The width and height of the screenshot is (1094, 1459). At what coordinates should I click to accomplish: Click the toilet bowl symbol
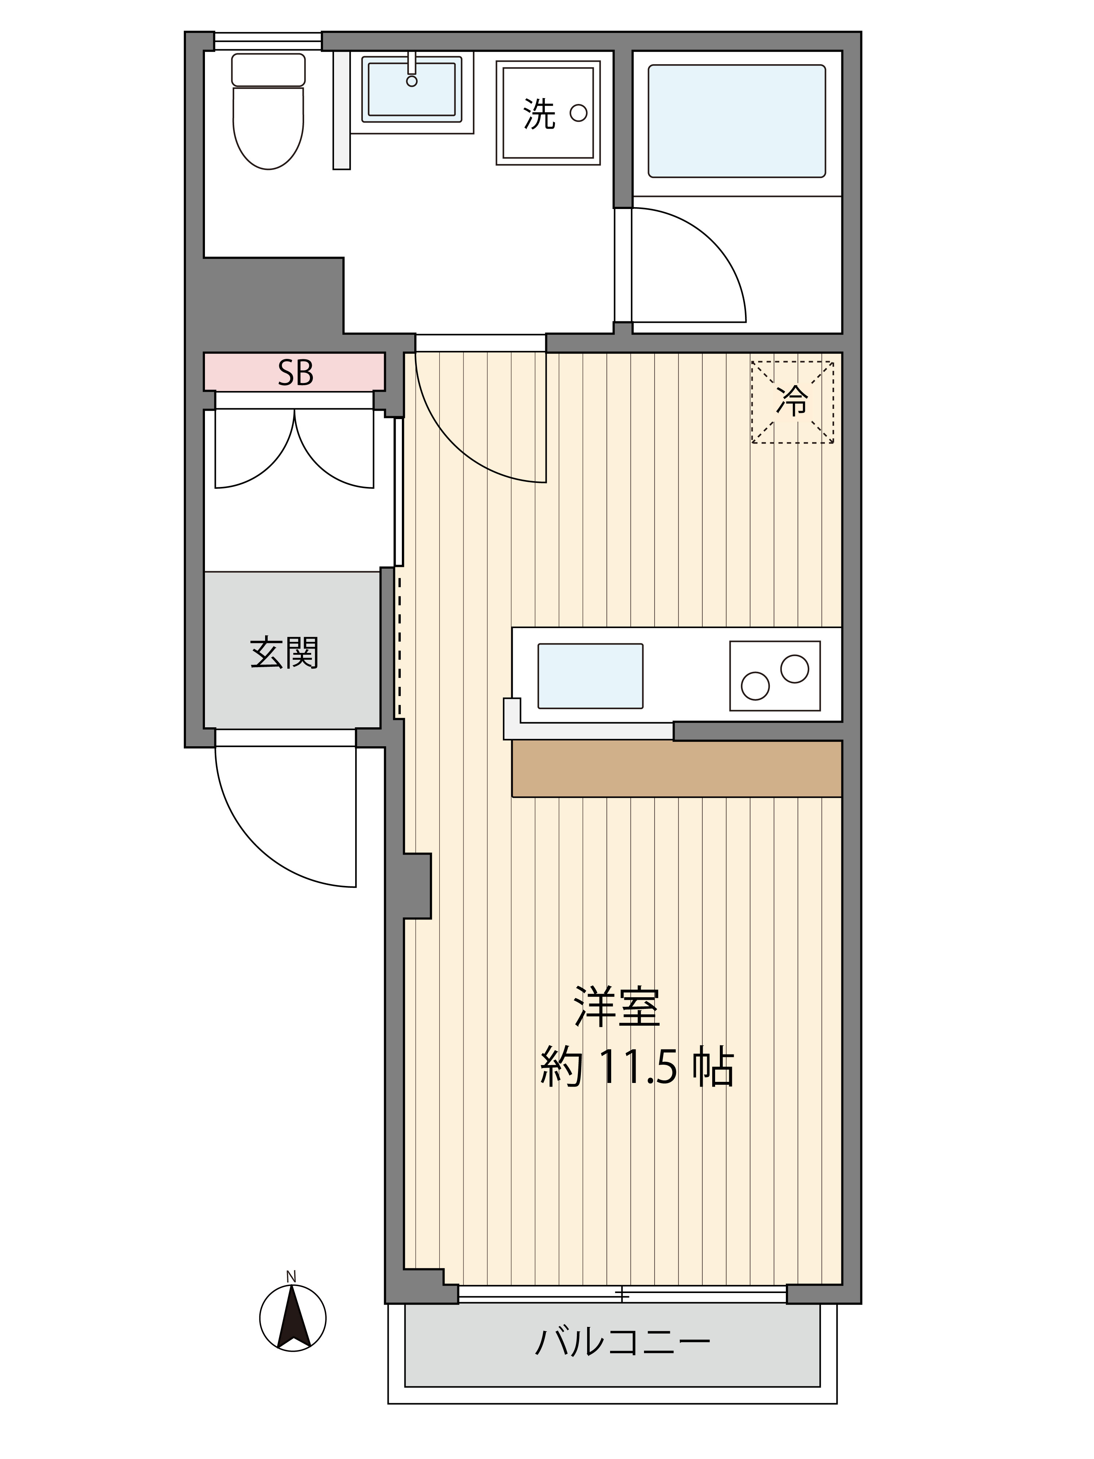point(268,129)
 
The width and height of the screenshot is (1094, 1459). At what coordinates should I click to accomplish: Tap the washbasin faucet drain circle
point(411,81)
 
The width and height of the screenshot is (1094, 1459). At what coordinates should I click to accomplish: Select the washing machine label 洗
point(539,114)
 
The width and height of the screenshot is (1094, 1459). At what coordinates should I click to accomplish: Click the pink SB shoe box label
point(294,373)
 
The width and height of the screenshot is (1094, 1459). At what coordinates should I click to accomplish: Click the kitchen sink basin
point(590,676)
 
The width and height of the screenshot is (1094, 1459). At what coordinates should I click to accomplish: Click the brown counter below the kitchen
point(676,769)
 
